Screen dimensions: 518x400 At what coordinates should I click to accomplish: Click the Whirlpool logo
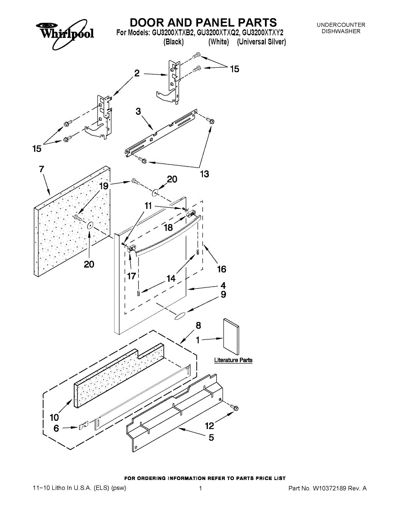64,31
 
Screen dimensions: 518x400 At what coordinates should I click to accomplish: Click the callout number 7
41,170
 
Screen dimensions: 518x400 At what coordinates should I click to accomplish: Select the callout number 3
138,112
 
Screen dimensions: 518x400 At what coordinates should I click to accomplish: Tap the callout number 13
204,174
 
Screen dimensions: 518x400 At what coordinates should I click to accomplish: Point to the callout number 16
221,269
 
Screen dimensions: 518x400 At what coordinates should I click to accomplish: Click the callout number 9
223,295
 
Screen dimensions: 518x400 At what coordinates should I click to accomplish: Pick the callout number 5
211,438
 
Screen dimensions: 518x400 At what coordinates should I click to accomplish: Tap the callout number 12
210,426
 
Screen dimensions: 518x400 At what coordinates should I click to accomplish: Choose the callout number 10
54,417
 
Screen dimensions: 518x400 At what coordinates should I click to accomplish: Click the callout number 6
56,429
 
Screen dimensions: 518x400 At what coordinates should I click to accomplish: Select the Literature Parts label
233,360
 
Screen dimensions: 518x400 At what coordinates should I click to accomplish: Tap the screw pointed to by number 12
235,407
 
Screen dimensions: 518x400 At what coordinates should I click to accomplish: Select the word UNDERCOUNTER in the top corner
341,25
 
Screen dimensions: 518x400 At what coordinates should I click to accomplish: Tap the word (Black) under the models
173,42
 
